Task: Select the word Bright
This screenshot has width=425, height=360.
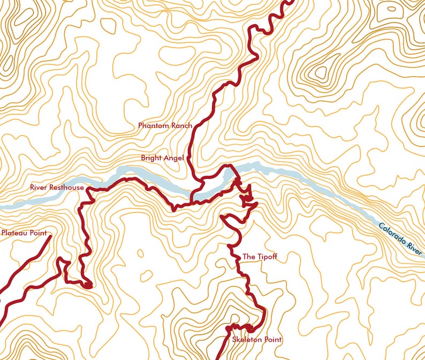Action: click(x=151, y=158)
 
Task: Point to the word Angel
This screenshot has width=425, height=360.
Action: click(x=174, y=158)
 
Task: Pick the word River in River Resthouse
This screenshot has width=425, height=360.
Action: click(x=39, y=187)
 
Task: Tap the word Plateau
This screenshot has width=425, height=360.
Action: click(x=15, y=233)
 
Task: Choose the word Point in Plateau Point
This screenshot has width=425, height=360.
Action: click(x=38, y=233)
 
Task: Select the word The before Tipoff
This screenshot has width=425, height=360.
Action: click(x=249, y=257)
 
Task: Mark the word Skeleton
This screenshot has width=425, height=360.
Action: click(x=248, y=340)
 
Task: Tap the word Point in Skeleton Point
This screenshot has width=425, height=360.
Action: click(x=273, y=340)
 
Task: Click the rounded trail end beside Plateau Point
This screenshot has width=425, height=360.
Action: click(x=50, y=236)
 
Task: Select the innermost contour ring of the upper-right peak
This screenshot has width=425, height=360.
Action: click(x=321, y=72)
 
